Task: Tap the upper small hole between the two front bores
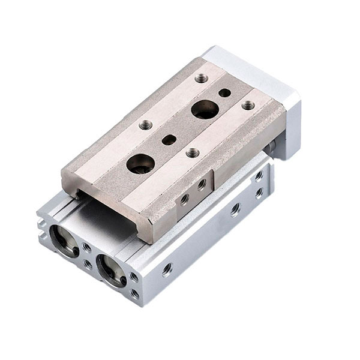coord(88,247)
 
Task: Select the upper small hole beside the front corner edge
coord(134,277)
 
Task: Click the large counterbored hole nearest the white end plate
coord(205,110)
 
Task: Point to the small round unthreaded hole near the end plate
coord(224,93)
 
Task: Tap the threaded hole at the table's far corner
coord(202,78)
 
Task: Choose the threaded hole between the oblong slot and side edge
coord(193,153)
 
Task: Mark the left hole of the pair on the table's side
coord(184,198)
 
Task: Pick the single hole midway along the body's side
coord(236,209)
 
